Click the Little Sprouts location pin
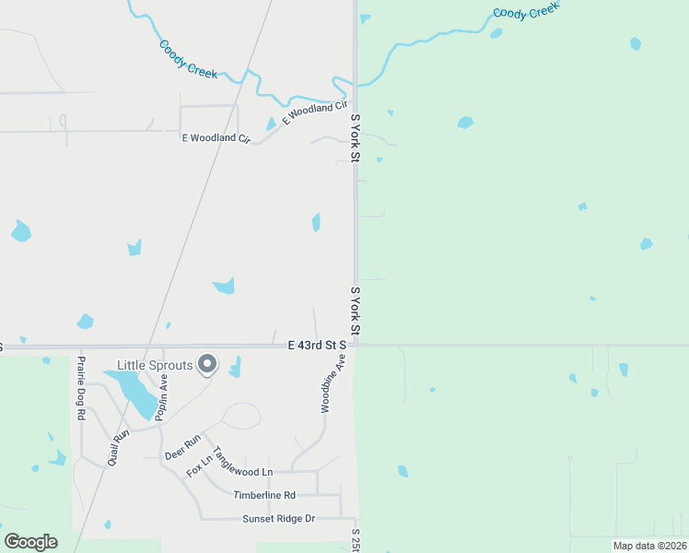tap(208, 365)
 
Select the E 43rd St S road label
tap(316, 345)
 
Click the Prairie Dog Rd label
tap(81, 388)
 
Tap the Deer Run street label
tap(182, 448)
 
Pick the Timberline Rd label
tap(263, 495)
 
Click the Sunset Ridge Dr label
tap(278, 519)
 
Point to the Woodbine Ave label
tap(326, 386)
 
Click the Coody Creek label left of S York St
tap(188, 59)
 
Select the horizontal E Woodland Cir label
tap(216, 138)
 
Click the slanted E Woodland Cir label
tap(308, 114)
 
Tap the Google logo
tap(30, 541)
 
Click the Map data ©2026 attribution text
tap(649, 545)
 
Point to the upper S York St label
tap(355, 139)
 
